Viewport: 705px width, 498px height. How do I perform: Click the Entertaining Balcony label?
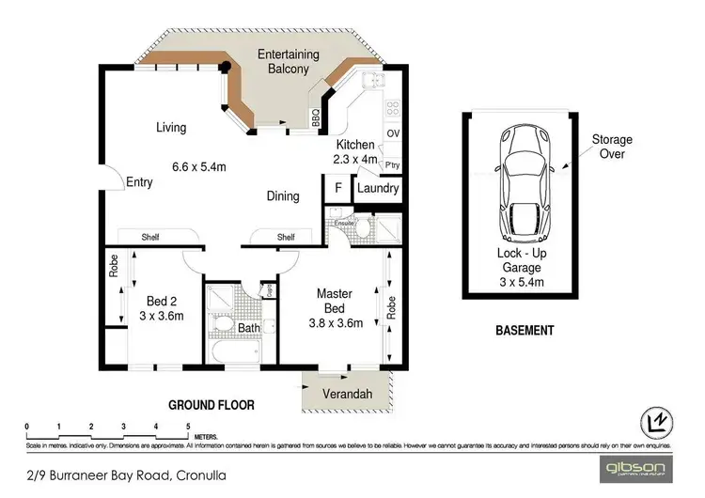pos(289,62)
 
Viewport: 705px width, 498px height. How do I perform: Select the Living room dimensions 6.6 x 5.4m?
pos(198,167)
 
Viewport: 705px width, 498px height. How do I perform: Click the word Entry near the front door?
pos(139,182)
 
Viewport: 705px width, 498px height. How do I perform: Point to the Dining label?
pos(282,196)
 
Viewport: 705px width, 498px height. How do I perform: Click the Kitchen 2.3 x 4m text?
pos(356,152)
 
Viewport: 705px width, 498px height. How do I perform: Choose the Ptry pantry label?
pos(393,165)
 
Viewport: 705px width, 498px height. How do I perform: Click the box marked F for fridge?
pos(337,188)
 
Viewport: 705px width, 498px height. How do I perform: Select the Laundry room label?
pos(378,188)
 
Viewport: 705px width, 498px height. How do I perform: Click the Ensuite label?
pos(344,223)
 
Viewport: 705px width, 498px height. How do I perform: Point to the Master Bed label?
pos(334,302)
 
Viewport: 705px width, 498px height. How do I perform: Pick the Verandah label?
pos(344,393)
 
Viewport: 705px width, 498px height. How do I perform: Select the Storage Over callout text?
pos(611,147)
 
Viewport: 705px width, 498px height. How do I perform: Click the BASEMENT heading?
pos(524,331)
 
